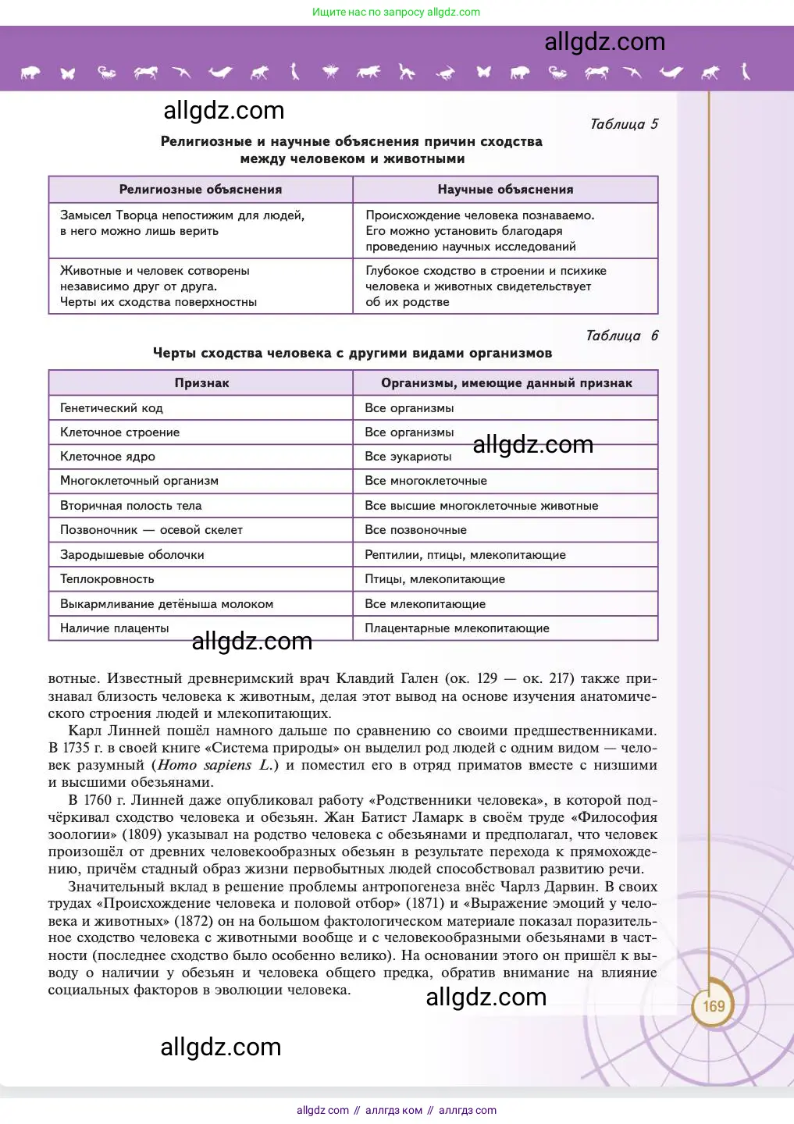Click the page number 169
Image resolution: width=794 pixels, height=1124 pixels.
[714, 1006]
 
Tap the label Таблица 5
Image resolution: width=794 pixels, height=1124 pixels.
[624, 124]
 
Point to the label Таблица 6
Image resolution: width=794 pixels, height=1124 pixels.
[621, 336]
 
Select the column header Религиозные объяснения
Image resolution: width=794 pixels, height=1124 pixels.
[201, 190]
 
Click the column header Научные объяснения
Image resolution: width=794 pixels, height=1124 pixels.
[505, 190]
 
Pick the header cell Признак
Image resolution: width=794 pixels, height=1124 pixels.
[201, 383]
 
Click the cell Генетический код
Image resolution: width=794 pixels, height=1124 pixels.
[112, 408]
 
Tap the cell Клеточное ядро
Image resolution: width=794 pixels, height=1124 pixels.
[108, 457]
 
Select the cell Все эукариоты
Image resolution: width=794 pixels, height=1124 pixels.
[408, 457]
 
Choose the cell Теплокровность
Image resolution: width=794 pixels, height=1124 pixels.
[107, 579]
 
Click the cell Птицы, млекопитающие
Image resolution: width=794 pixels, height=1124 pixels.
[435, 579]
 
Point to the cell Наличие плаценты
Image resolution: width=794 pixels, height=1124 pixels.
[115, 628]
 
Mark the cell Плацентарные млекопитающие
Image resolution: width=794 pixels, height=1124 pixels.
[457, 628]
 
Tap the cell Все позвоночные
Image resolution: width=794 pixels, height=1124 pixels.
[415, 530]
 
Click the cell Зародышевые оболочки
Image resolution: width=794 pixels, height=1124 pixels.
[132, 555]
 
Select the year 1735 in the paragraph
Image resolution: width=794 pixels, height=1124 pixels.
[76, 748]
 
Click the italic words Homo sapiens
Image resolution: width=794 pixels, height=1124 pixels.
[205, 765]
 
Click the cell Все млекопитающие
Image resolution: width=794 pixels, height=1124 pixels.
[425, 604]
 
